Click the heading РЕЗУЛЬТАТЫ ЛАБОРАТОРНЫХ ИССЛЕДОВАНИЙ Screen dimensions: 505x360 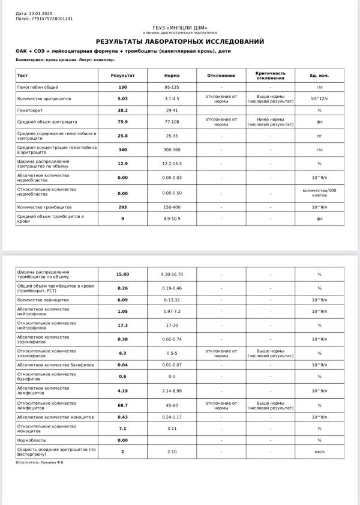180,41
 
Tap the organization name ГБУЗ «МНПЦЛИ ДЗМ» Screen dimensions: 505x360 180,28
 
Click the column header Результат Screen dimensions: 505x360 122,76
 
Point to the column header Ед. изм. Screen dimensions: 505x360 319,76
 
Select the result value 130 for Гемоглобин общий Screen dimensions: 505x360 122,87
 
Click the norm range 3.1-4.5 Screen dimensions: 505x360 172,98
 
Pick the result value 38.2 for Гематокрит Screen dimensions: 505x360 122,110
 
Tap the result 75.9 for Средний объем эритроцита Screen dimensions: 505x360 122,122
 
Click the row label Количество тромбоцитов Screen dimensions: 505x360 43,207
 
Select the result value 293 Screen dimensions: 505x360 122,207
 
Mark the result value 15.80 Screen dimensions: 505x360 122,274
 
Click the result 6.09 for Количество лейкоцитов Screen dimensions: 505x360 122,300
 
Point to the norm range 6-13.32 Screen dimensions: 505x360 172,300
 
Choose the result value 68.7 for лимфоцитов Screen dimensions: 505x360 122,405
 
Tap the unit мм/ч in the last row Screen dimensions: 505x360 319,452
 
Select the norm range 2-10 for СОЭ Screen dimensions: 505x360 172,452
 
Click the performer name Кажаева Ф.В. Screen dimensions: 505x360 50,462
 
